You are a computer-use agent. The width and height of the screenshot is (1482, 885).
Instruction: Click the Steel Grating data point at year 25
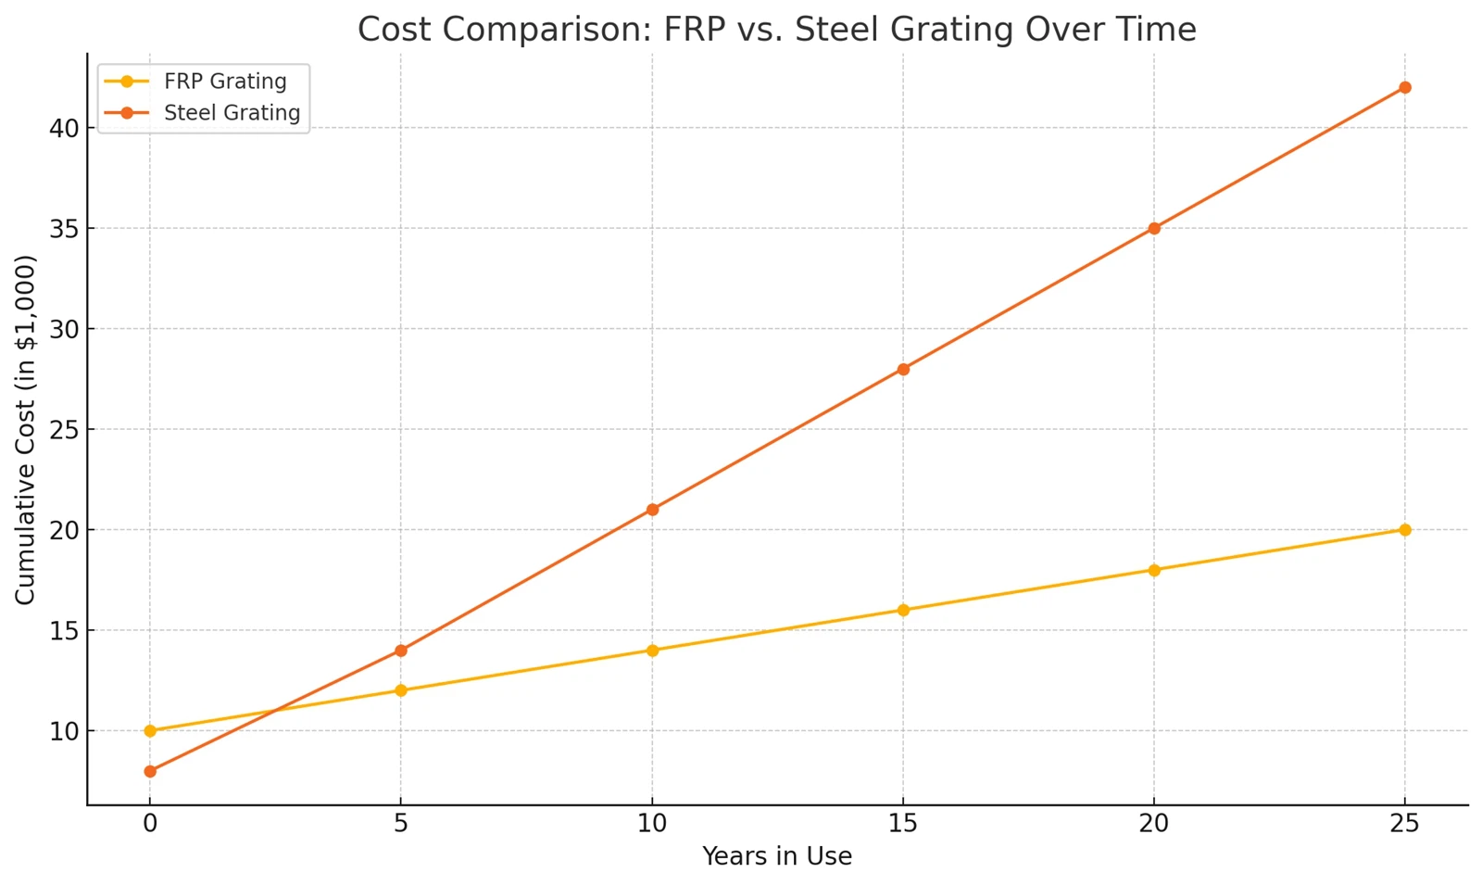[1404, 87]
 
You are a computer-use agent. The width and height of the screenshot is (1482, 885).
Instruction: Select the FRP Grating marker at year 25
[1404, 530]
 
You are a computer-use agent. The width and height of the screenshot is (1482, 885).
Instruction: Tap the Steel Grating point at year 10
[652, 510]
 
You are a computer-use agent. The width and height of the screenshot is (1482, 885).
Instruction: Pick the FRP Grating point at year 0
[150, 731]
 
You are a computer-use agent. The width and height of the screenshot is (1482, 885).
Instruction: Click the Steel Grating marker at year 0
[150, 771]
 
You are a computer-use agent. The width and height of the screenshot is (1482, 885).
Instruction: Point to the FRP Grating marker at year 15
[903, 610]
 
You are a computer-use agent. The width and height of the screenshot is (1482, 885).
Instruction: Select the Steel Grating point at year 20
[1154, 228]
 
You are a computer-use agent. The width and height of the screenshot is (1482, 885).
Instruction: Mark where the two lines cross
[275, 711]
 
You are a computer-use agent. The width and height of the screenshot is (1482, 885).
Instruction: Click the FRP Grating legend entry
[225, 82]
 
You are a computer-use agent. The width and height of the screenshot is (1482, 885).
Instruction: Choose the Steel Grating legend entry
[232, 113]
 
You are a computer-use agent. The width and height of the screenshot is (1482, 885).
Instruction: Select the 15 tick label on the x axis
[903, 824]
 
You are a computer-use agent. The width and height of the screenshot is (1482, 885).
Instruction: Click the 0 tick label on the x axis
[150, 824]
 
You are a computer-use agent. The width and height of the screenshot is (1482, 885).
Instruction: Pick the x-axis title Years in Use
[776, 856]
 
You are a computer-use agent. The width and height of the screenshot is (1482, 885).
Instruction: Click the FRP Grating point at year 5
[401, 690]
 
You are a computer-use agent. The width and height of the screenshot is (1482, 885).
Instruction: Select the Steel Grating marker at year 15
[903, 369]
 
